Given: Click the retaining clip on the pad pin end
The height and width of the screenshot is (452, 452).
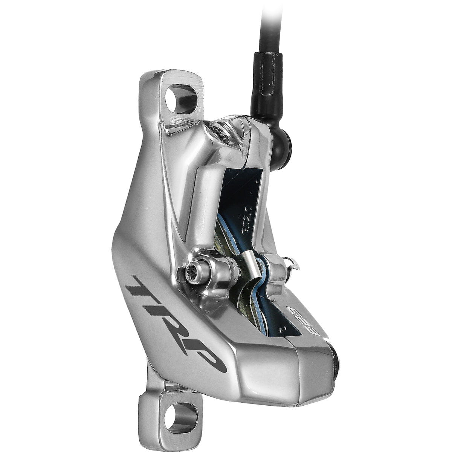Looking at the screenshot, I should [x=292, y=264].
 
